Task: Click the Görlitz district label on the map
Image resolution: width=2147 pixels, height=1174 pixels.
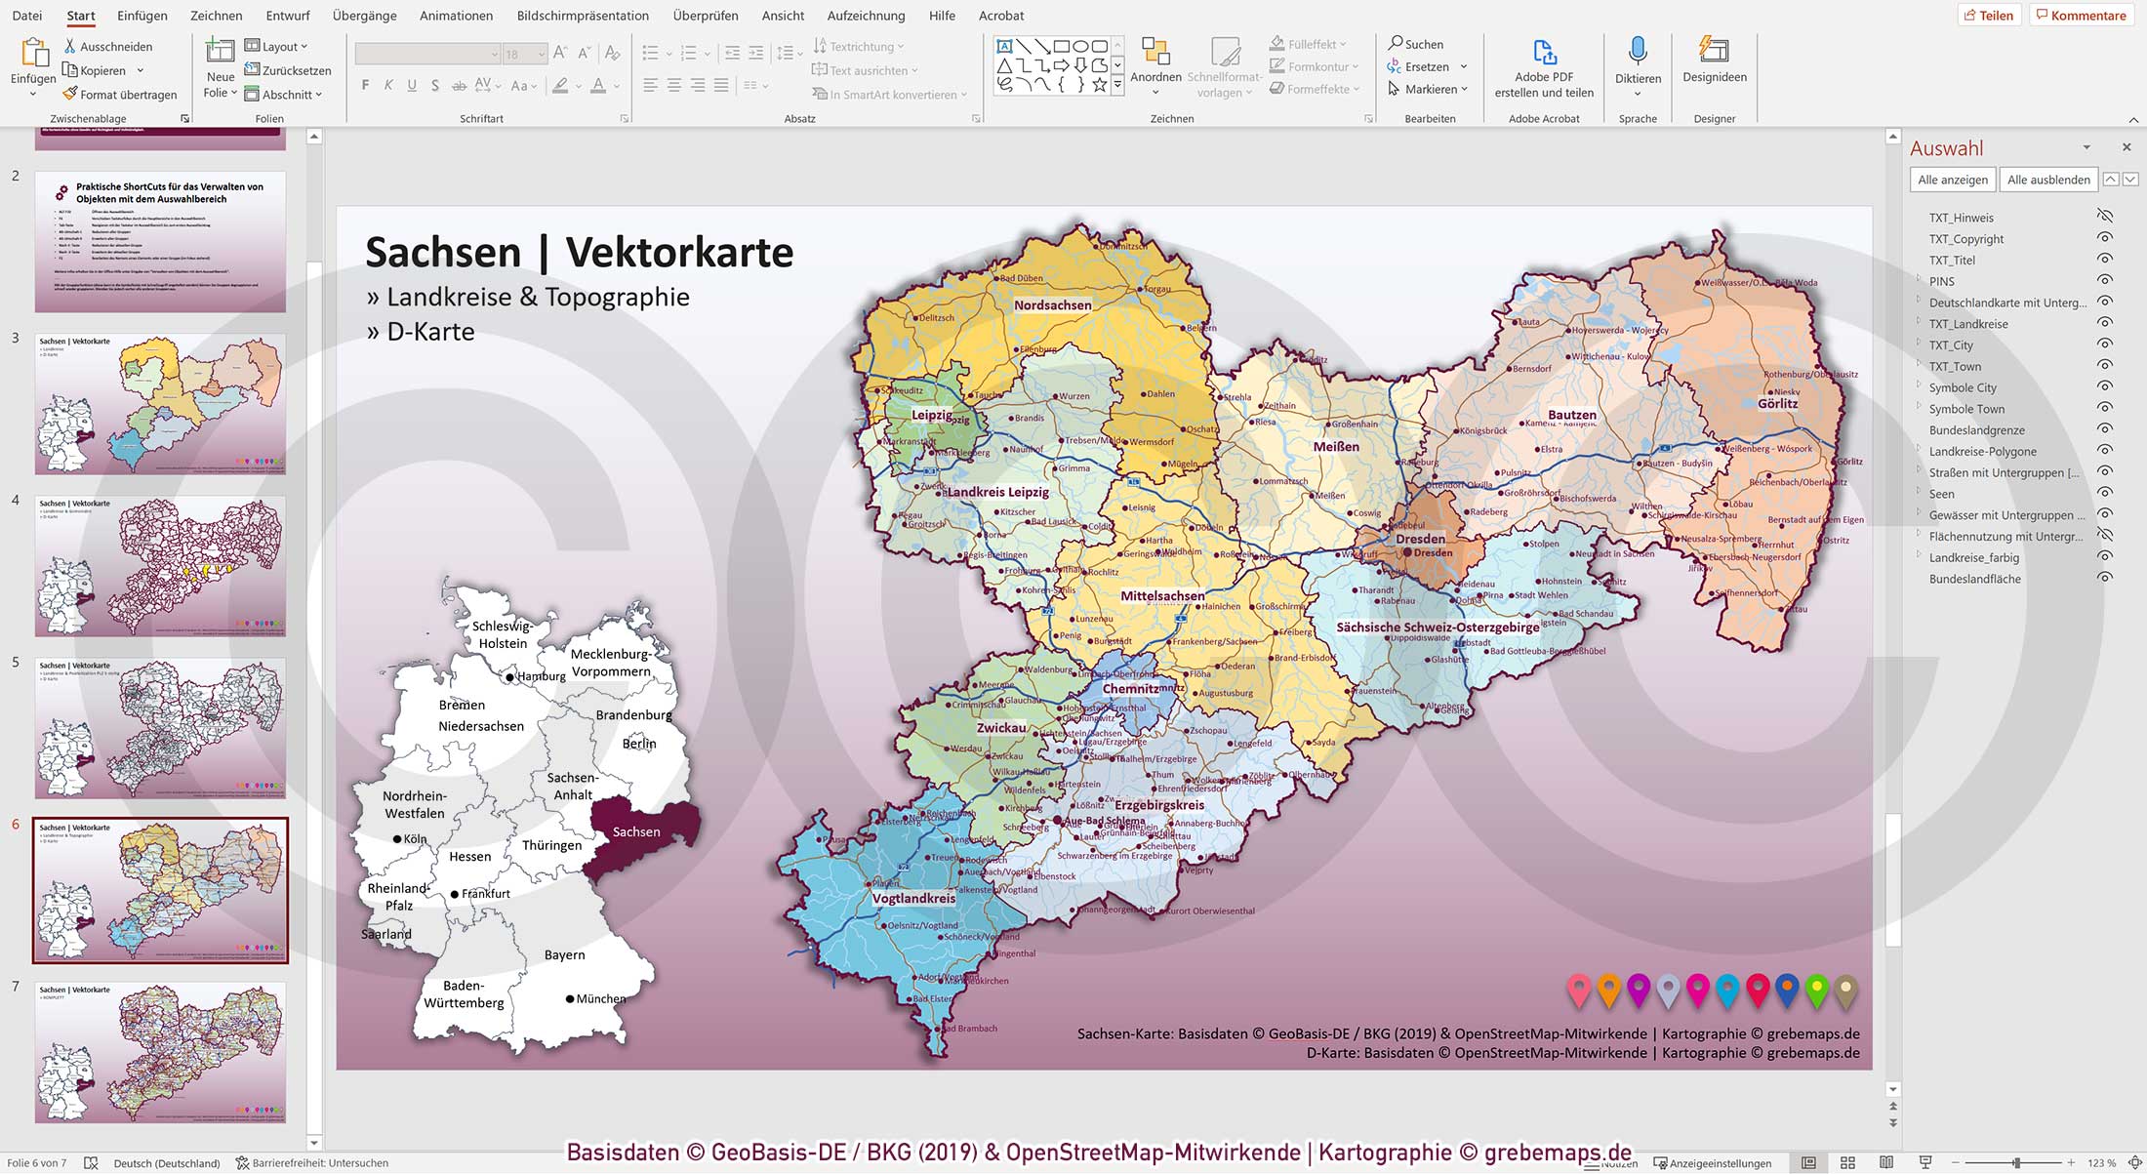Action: pyautogui.click(x=1777, y=403)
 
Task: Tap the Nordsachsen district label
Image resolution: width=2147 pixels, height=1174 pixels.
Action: pyautogui.click(x=1052, y=305)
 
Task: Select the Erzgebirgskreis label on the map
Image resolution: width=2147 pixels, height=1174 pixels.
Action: pyautogui.click(x=1159, y=805)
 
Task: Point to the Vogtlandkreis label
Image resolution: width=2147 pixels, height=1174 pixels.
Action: pyautogui.click(x=913, y=898)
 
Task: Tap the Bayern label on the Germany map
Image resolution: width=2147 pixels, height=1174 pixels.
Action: pyautogui.click(x=564, y=954)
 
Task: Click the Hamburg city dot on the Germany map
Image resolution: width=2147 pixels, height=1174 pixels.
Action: pyautogui.click(x=509, y=676)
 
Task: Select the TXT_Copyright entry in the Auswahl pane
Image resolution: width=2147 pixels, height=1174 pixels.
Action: pyautogui.click(x=1965, y=239)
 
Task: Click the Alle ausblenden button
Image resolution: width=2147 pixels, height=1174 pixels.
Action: pyautogui.click(x=2047, y=180)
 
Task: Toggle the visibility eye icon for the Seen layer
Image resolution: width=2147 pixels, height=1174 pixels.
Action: pyautogui.click(x=2105, y=493)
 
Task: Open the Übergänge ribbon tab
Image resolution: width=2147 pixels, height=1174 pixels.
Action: pyautogui.click(x=364, y=16)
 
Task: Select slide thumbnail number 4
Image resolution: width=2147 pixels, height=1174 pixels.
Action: pyautogui.click(x=160, y=566)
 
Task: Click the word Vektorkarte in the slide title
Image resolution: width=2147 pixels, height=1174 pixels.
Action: pyautogui.click(x=679, y=253)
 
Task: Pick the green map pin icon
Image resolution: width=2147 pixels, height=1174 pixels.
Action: pyautogui.click(x=1816, y=990)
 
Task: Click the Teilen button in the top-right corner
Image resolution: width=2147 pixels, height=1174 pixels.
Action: pyautogui.click(x=1988, y=16)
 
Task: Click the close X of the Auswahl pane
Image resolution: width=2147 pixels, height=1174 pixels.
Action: pyautogui.click(x=2127, y=147)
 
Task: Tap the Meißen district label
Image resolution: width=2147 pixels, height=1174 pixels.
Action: pyautogui.click(x=1336, y=447)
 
